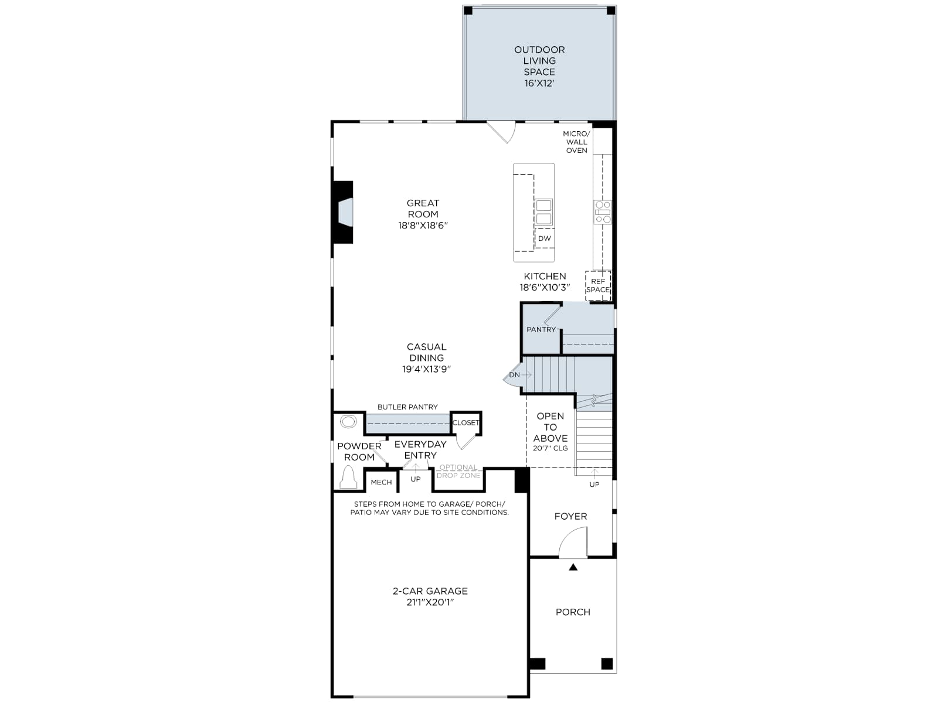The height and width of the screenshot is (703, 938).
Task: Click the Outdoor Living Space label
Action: [x=539, y=66]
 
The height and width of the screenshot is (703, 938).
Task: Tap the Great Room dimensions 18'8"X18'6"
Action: [x=423, y=226]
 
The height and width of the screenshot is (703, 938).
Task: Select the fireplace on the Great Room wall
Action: [x=343, y=212]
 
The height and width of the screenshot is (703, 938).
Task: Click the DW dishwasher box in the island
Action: [x=545, y=238]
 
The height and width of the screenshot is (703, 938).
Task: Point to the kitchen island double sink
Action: [x=543, y=212]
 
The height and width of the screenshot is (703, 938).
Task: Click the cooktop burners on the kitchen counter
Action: [x=603, y=212]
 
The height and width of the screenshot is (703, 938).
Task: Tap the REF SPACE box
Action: [x=598, y=285]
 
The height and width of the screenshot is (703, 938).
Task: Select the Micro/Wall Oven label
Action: [x=576, y=142]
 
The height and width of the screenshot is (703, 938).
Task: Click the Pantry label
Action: [x=541, y=329]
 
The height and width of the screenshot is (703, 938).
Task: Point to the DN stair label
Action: [x=515, y=375]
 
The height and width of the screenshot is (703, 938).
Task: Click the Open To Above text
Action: [x=550, y=427]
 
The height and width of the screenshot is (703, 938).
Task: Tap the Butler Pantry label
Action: [x=407, y=407]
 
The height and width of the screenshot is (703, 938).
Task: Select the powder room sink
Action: [x=348, y=422]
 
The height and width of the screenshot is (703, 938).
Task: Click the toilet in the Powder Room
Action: [x=348, y=477]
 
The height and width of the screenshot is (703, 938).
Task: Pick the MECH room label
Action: [x=381, y=482]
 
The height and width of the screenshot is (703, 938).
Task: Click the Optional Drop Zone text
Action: [x=458, y=471]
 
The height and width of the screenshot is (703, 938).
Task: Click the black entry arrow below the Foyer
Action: [x=573, y=567]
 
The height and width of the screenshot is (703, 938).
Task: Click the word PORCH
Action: [x=573, y=612]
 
